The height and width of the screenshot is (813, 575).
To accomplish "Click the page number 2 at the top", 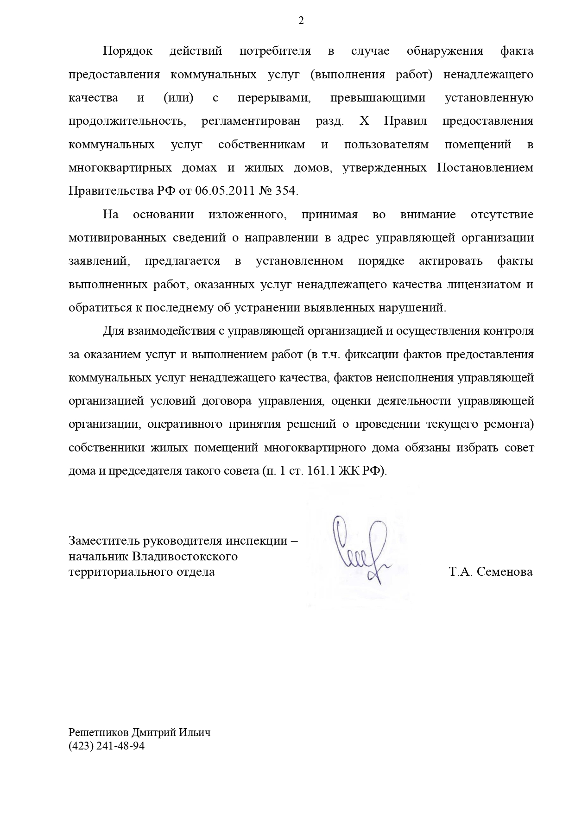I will click(x=301, y=21).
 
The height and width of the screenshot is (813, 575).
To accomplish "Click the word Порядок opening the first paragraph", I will click(x=127, y=51).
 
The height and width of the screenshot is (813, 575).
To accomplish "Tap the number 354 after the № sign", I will click(x=285, y=191).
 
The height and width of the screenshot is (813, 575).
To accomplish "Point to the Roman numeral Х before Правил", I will click(x=365, y=121).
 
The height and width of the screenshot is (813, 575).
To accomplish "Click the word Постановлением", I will click(x=485, y=168).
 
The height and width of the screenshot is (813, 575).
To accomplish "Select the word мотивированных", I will click(x=117, y=238).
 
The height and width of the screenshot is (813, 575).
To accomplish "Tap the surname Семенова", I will click(x=505, y=572).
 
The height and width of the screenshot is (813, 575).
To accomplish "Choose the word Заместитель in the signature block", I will click(x=105, y=540).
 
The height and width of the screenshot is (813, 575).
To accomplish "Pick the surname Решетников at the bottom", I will click(x=99, y=732).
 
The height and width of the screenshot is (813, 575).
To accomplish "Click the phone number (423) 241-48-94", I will click(x=107, y=746).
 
